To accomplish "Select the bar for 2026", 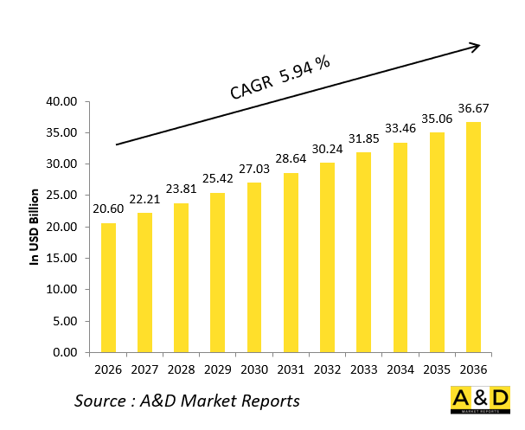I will (x=108, y=287).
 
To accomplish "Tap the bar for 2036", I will (x=473, y=237).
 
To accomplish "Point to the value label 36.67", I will (x=473, y=109).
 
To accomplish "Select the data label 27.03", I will (x=254, y=170).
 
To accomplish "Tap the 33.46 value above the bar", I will (x=400, y=129).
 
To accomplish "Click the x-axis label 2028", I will (x=182, y=370).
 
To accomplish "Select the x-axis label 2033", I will (x=364, y=370).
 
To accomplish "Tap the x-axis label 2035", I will (x=437, y=370).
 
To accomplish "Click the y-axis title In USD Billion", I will (x=35, y=227).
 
